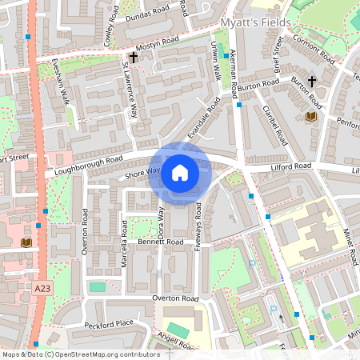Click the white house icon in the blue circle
click(x=180, y=173)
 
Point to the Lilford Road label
click(x=290, y=166)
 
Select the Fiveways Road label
click(x=198, y=227)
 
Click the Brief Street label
click(x=278, y=55)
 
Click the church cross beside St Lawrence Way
click(x=134, y=58)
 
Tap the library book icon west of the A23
click(x=26, y=242)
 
